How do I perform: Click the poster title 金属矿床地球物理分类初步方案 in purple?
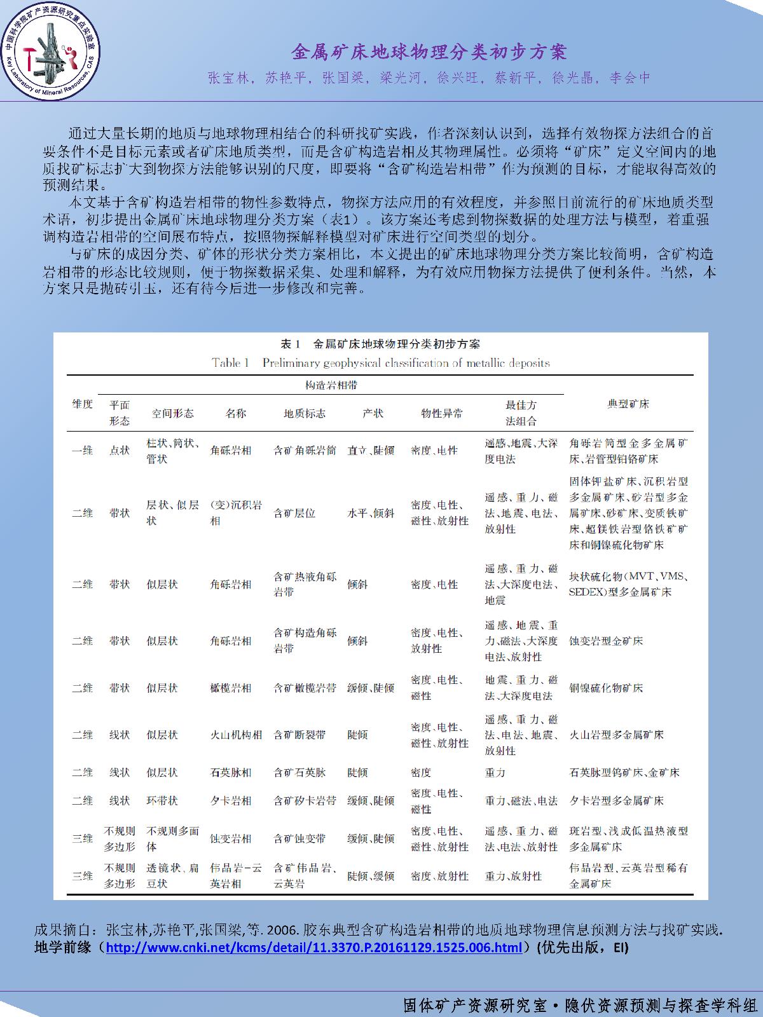click(429, 51)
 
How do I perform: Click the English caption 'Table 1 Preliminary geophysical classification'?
click(381, 363)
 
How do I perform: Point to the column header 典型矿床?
click(628, 404)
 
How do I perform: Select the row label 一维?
click(82, 450)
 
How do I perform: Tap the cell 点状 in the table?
click(120, 450)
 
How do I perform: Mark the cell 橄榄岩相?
click(231, 688)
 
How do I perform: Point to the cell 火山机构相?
click(236, 735)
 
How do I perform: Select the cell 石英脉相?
click(231, 772)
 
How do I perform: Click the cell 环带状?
click(162, 801)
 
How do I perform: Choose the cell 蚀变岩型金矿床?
click(606, 641)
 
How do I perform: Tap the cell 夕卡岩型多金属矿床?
click(616, 801)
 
